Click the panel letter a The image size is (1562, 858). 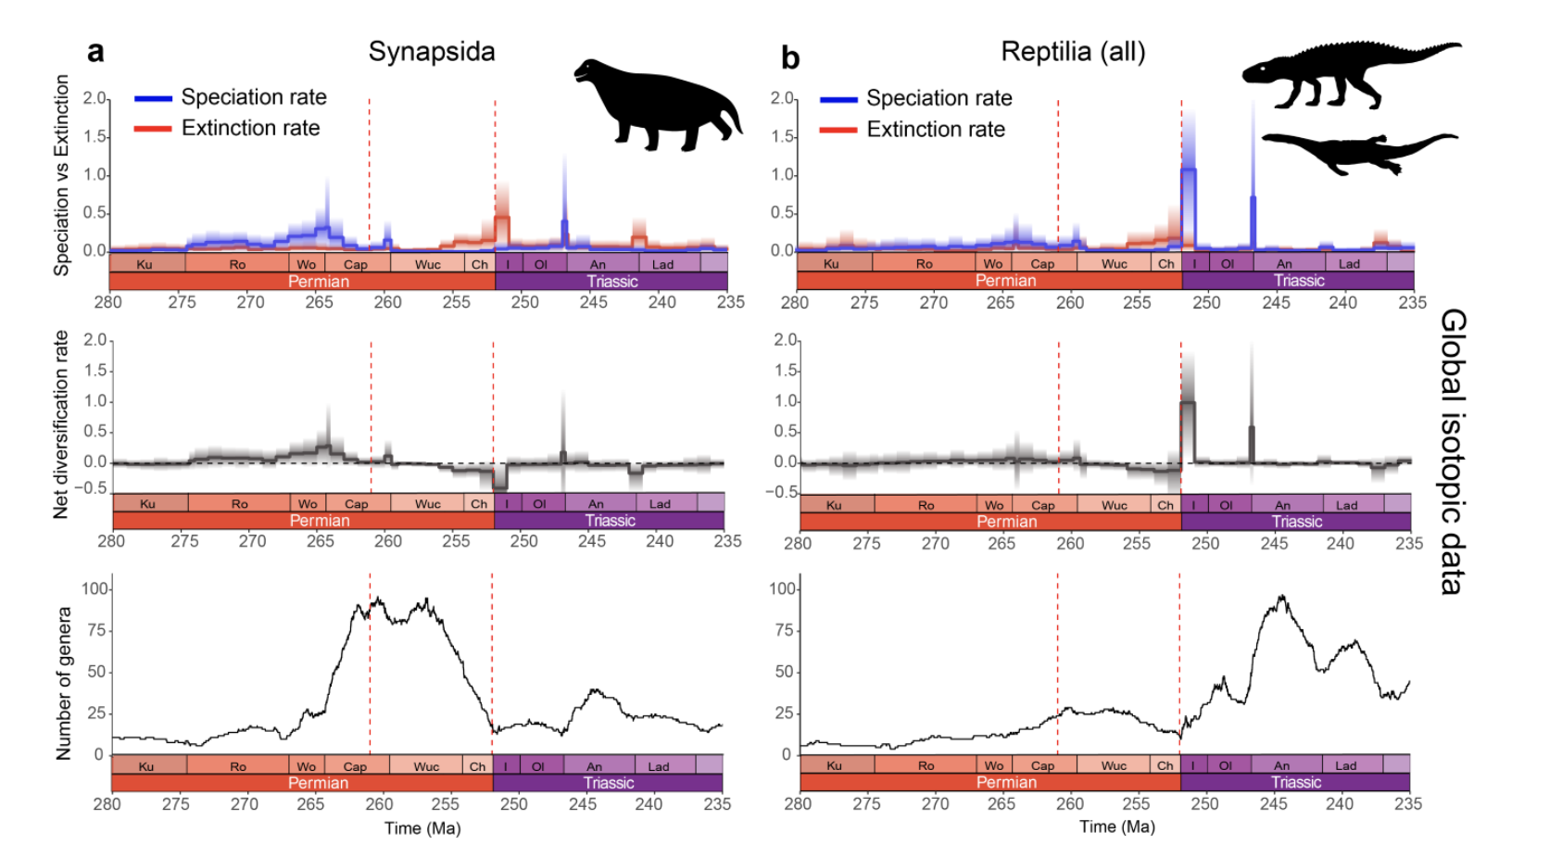[95, 52]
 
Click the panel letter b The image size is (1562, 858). [789, 58]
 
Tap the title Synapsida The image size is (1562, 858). [432, 51]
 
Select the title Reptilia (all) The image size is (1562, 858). [1073, 51]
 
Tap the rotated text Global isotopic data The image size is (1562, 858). [1453, 451]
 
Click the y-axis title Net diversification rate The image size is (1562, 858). [61, 423]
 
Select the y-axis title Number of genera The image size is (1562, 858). [63, 684]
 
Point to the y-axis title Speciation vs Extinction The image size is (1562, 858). [61, 175]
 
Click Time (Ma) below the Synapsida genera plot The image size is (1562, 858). [422, 827]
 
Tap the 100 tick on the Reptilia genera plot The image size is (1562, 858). [782, 588]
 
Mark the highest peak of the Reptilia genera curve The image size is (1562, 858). [1282, 597]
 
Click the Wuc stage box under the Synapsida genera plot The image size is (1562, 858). [426, 766]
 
